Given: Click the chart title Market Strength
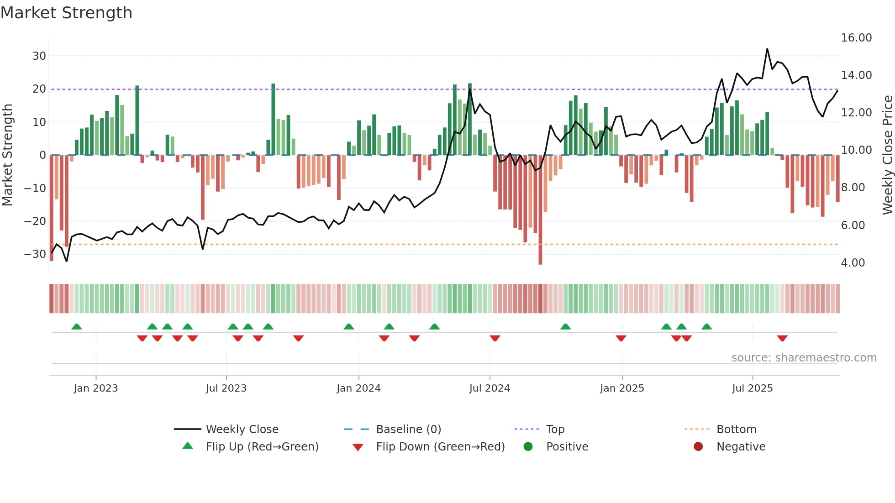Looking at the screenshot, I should [x=66, y=13].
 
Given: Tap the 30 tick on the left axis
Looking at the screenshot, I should [x=39, y=56].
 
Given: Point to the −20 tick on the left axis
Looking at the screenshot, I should [x=35, y=221].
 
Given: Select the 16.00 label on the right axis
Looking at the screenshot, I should [x=856, y=38].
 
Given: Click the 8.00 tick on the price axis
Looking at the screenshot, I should [x=853, y=188].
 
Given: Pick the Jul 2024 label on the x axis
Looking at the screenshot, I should [x=490, y=388].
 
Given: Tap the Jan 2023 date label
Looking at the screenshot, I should [x=96, y=388].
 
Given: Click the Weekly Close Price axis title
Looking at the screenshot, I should [x=887, y=155].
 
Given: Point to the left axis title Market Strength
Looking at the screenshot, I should [x=7, y=155].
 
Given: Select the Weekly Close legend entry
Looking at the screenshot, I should [x=242, y=430].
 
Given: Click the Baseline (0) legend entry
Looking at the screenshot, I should [x=408, y=430].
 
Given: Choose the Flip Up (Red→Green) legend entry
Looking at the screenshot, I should [x=262, y=447].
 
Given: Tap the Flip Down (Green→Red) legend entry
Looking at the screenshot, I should [x=440, y=447].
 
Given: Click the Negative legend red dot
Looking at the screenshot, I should [x=698, y=446].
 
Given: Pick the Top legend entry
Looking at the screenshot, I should [x=555, y=430].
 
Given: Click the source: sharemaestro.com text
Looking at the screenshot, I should [x=804, y=358].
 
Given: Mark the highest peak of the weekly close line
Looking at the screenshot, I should [x=767, y=49].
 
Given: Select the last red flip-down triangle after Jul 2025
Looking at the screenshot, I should [x=782, y=338].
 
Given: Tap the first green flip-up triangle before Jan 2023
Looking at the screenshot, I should [x=77, y=326].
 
